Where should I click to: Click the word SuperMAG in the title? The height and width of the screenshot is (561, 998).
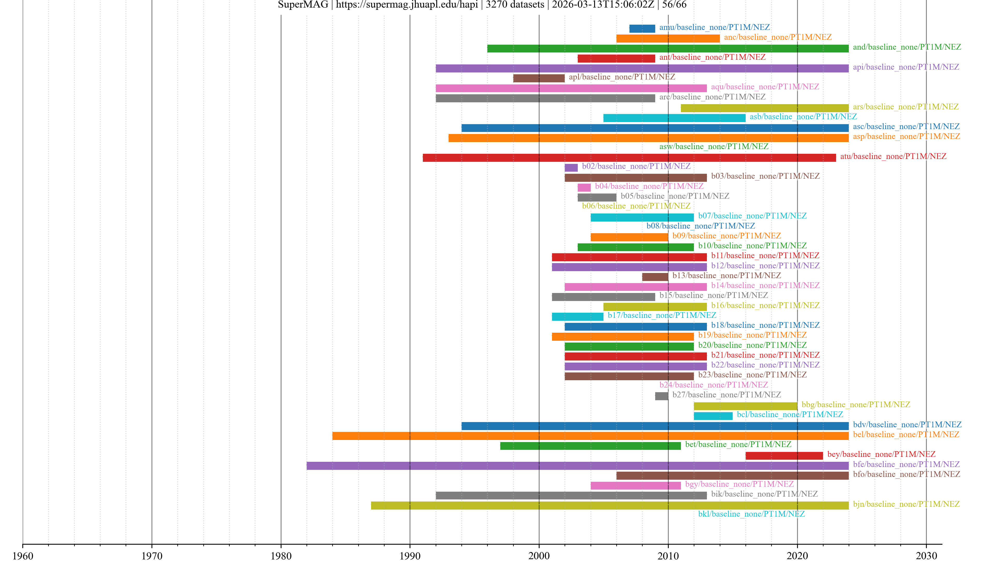pos(303,5)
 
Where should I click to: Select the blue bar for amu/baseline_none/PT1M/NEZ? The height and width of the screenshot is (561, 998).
pos(642,29)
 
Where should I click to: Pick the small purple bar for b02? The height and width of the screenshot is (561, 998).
pos(571,168)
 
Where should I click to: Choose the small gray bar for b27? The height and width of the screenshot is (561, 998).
pos(661,396)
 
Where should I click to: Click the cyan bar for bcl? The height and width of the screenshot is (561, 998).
pos(713,416)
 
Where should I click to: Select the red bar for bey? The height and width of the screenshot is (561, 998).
pos(784,456)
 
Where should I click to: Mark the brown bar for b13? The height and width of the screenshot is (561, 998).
pos(655,277)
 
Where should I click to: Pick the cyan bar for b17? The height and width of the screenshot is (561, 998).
pos(577,317)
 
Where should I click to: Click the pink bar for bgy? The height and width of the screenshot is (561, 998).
pos(635,485)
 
